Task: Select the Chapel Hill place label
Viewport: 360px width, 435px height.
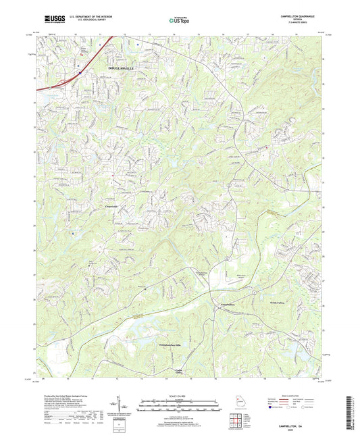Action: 112,207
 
